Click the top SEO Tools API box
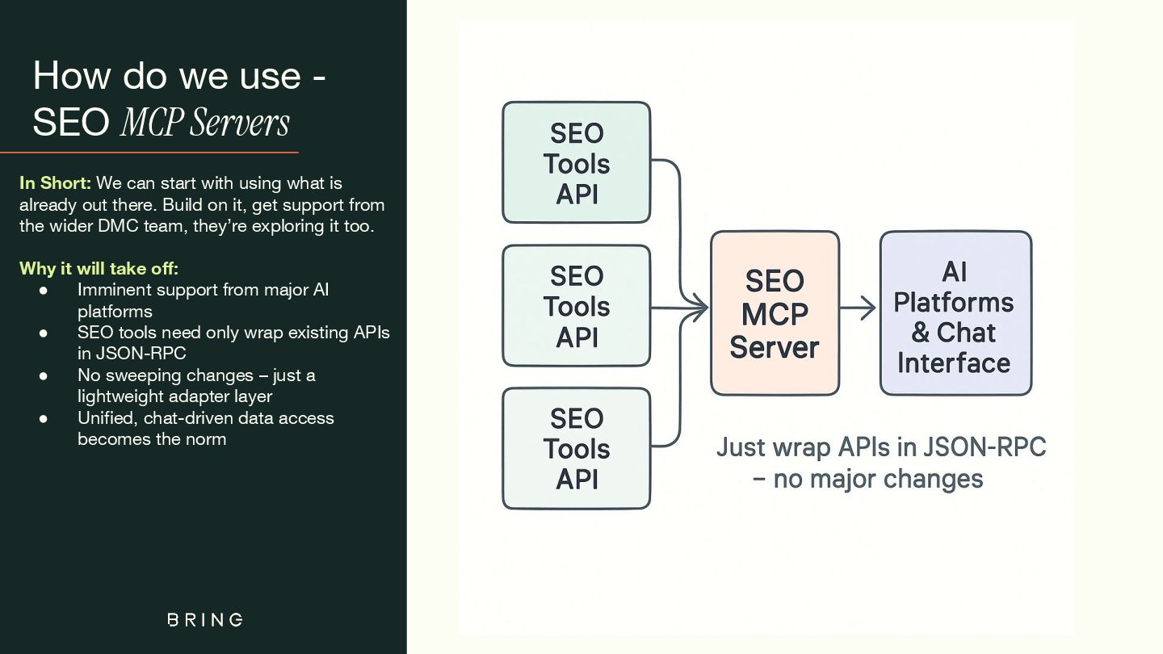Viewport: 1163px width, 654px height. point(576,162)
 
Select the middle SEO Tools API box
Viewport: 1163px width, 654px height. point(576,306)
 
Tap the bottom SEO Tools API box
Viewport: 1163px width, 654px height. point(576,448)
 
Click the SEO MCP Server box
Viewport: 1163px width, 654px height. point(775,313)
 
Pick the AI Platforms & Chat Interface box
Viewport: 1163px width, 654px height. point(955,313)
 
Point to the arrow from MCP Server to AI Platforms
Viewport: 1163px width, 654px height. point(859,308)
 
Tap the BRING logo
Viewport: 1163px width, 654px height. point(205,619)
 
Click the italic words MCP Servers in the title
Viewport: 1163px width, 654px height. point(204,122)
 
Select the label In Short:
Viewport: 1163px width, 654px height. point(55,183)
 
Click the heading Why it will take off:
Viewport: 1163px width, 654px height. point(99,268)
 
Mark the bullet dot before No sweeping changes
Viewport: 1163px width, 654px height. point(44,375)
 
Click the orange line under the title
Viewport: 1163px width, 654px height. point(149,152)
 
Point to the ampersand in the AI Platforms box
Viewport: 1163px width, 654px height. point(921,333)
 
